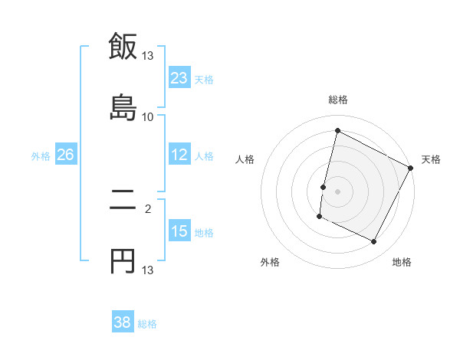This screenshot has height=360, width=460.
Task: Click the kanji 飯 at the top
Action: point(123,47)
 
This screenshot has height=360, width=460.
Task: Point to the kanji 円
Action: point(123,261)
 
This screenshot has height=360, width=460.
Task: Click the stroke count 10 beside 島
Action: point(148,116)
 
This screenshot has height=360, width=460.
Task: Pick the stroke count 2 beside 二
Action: point(148,207)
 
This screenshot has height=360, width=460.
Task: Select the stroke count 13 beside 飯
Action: point(148,56)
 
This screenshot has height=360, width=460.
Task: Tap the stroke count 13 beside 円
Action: point(148,270)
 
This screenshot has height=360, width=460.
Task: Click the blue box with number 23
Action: point(179,77)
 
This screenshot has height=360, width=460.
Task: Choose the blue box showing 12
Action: point(179,155)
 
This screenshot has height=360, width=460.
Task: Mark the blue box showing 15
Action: point(179,231)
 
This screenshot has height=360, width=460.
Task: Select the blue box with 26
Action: point(65,155)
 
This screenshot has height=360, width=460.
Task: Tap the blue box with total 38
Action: point(123,322)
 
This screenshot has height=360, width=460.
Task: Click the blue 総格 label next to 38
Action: point(147,324)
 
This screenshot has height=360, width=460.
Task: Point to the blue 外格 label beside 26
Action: point(41,156)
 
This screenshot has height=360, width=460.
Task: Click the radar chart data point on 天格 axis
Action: point(411,169)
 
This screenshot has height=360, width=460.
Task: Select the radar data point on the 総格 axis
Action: point(337,131)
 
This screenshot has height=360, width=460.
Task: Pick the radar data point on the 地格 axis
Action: point(374,242)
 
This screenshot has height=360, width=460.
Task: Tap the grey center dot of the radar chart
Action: point(337,191)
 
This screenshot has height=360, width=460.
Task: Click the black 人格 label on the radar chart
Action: point(245,159)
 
